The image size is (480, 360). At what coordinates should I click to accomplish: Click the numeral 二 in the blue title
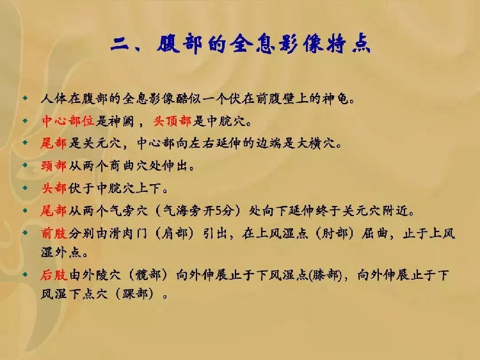[120, 44]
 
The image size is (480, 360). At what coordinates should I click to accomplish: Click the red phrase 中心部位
[68, 121]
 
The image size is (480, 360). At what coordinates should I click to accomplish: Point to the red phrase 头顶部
[172, 121]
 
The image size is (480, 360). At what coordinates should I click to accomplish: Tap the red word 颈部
[54, 166]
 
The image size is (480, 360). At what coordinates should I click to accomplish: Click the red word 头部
[54, 189]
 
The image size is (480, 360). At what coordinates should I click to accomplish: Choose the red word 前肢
[54, 233]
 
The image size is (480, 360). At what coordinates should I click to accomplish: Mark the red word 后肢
[54, 275]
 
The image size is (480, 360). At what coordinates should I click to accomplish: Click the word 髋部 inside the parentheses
[148, 275]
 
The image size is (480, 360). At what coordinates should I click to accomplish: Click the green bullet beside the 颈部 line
[26, 165]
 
